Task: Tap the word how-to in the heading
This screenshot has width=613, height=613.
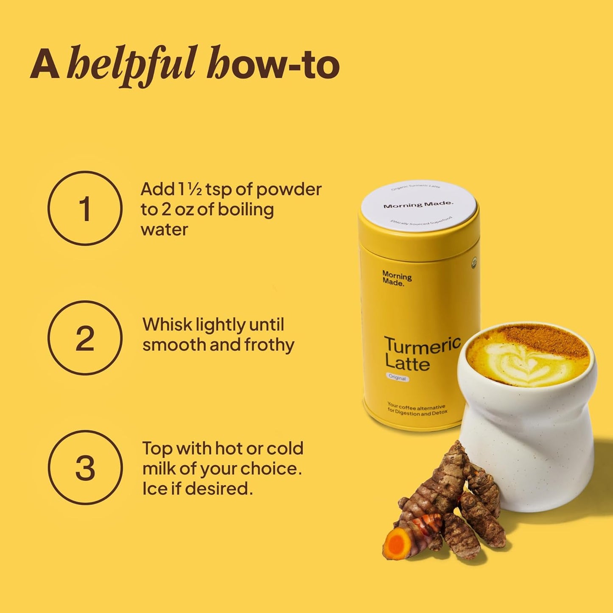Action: click(273, 65)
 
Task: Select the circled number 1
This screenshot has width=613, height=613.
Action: click(85, 208)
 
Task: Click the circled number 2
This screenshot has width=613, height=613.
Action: click(85, 338)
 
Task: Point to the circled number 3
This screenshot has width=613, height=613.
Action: click(85, 467)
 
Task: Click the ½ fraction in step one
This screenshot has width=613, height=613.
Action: click(195, 189)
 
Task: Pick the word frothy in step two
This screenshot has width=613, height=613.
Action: click(269, 345)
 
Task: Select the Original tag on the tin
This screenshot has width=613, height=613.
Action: click(397, 377)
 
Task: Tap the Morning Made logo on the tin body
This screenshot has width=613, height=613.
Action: click(397, 278)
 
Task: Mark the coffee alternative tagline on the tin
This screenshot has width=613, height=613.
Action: click(417, 409)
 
